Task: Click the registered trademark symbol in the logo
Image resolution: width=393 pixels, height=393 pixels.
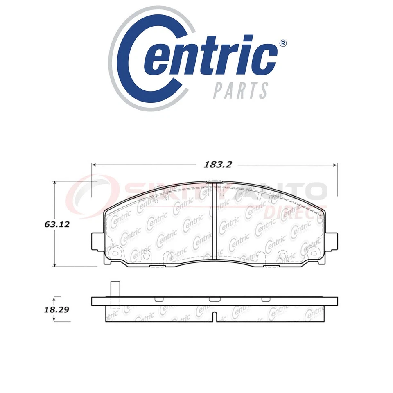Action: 282,44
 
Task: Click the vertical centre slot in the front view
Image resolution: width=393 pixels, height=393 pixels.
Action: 215,221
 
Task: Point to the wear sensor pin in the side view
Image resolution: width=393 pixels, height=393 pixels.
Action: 115,289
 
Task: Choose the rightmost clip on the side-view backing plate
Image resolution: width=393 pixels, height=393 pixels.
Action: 265,299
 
